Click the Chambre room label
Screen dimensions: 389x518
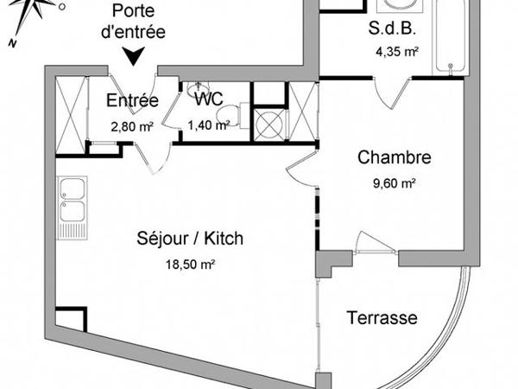click(x=395, y=158)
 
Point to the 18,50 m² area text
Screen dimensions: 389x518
click(x=190, y=265)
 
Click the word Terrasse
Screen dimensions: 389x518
click(x=382, y=318)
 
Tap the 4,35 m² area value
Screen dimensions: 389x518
click(x=396, y=52)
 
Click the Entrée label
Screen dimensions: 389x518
click(x=131, y=101)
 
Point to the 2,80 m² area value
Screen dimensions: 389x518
click(x=131, y=125)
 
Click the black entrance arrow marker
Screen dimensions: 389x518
click(x=134, y=58)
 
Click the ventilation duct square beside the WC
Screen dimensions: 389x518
click(x=269, y=124)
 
